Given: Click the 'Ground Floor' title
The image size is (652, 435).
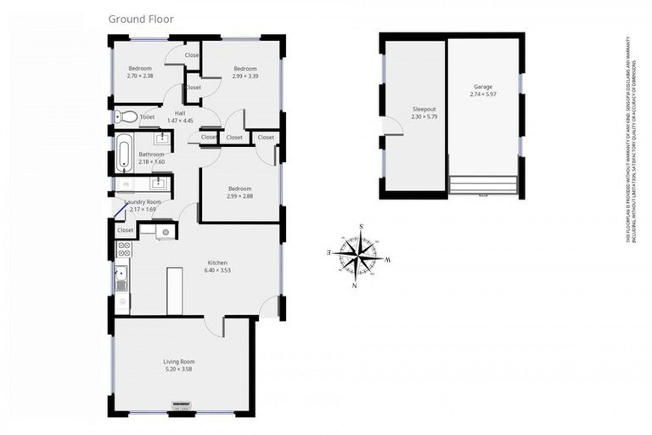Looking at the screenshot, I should click(x=141, y=18).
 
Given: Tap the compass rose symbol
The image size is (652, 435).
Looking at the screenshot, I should click(x=357, y=254).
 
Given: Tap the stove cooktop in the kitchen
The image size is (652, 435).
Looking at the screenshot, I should click(x=123, y=250).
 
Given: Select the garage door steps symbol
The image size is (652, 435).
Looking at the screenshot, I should click(x=483, y=184).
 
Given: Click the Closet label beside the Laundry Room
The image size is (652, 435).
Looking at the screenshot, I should click(x=125, y=229).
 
